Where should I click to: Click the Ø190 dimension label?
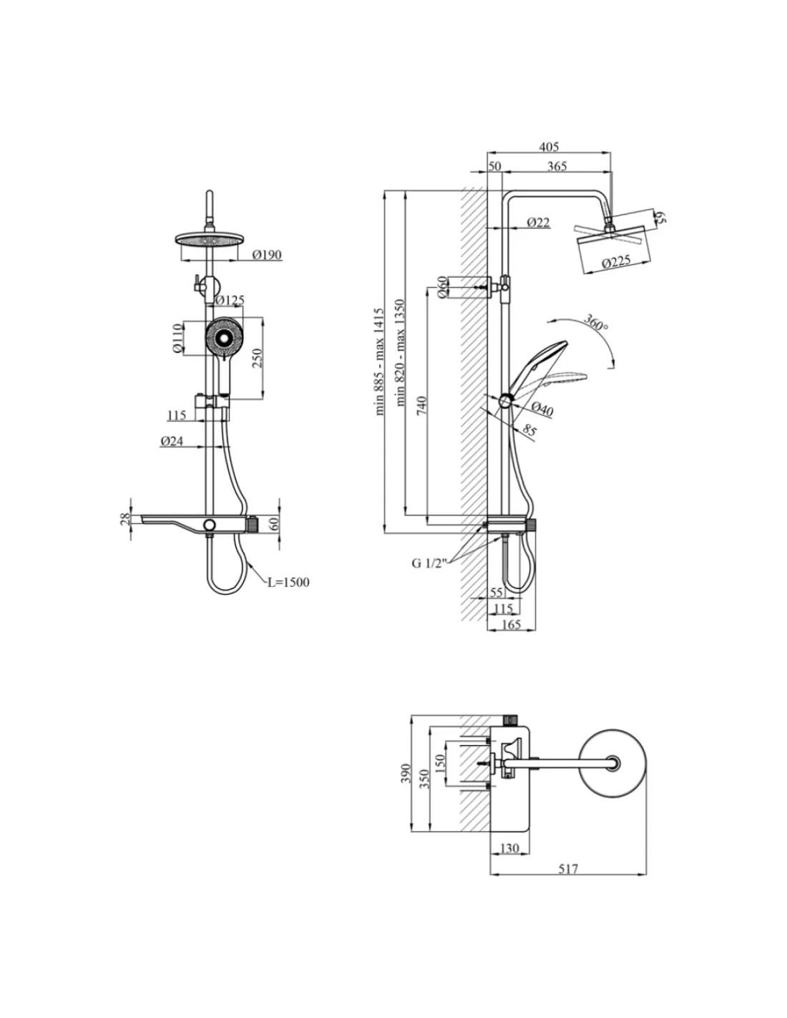(x=266, y=254)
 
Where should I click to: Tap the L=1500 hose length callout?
(x=288, y=582)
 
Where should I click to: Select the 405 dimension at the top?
(x=549, y=147)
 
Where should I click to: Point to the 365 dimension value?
(x=557, y=166)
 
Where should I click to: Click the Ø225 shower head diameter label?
(x=615, y=261)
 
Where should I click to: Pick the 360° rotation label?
(x=595, y=322)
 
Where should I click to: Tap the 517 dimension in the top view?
(x=568, y=869)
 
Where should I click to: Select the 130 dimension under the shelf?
(x=509, y=848)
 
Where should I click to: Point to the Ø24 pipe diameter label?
(x=172, y=440)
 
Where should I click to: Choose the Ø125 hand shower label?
(x=230, y=300)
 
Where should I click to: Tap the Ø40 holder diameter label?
(x=542, y=409)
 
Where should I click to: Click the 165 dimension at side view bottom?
(x=511, y=624)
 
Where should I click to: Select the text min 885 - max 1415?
(x=379, y=362)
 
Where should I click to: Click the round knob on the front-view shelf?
(x=210, y=524)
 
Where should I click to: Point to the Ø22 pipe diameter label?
(x=538, y=222)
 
